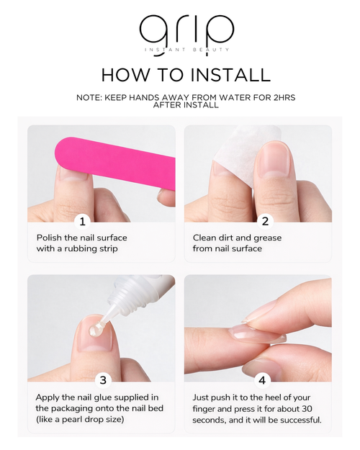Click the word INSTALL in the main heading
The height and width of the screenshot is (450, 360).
[230, 75]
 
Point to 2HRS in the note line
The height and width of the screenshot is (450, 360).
[284, 98]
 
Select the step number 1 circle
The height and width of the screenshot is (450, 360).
[82, 222]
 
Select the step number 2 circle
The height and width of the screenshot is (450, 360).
[265, 222]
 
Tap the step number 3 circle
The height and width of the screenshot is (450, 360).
[103, 380]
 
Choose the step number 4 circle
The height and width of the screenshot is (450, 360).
[262, 380]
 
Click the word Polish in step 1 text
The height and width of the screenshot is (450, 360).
[49, 238]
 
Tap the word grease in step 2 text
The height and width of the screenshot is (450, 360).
[268, 238]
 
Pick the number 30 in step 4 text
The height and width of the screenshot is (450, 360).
[307, 409]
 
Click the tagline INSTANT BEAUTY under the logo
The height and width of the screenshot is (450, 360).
[187, 50]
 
